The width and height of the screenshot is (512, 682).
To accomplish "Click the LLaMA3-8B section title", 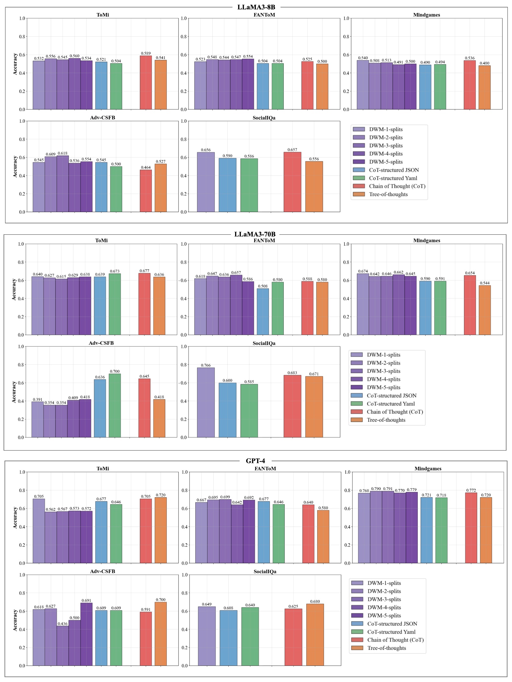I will tap(256, 7).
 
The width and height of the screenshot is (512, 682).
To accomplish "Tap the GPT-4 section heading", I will tap(255, 461).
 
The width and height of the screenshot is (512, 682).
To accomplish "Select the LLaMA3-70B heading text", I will tap(255, 234).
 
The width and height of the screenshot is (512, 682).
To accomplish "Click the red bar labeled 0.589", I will tap(146, 83).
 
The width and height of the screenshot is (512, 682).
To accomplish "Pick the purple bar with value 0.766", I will tap(206, 402).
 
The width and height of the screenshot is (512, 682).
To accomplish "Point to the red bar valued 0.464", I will tap(146, 191).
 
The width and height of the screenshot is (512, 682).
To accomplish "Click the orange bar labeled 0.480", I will tap(484, 87).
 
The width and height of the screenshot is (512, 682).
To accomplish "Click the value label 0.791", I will tap(388, 489).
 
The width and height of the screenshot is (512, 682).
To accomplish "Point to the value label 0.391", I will tap(38, 399).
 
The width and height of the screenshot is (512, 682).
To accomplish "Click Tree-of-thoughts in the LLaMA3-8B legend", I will tap(388, 194).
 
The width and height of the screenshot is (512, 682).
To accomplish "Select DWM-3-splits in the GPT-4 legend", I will tap(384, 599).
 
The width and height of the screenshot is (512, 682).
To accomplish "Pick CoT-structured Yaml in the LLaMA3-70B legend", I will tap(391, 404).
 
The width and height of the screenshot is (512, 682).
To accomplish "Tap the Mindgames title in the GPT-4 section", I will tap(428, 468).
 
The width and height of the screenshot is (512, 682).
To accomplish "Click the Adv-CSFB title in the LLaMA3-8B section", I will tap(102, 117).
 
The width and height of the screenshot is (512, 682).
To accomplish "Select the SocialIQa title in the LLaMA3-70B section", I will tap(264, 343).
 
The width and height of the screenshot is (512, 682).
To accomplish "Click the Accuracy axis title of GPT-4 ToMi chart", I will tap(15, 517).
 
